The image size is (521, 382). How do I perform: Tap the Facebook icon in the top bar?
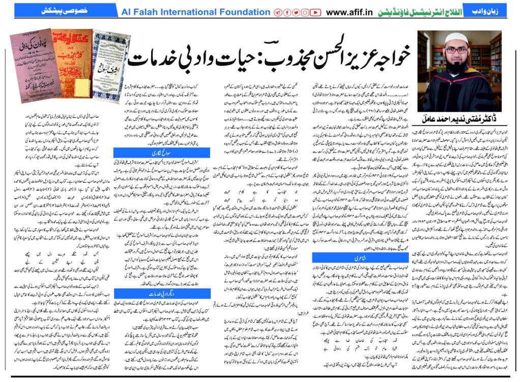(x=287, y=12)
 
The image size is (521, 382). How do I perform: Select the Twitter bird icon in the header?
(x=296, y=12)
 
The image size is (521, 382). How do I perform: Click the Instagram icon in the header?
(x=305, y=12)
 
